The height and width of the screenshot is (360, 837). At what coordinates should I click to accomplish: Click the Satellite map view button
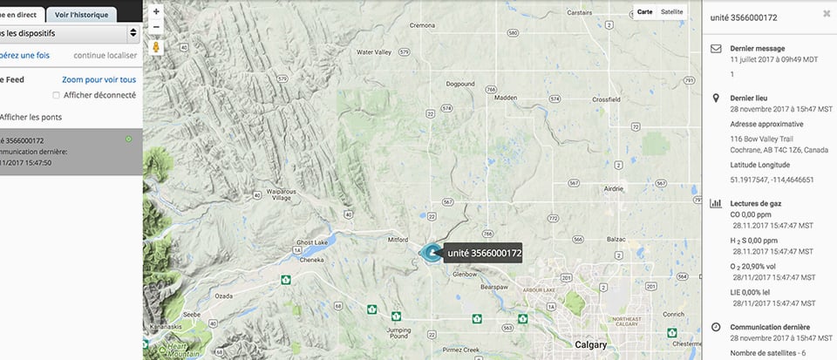point(672,12)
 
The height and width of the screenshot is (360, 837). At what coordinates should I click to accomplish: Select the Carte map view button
point(645,12)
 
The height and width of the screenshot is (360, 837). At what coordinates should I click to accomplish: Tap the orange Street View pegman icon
point(156,47)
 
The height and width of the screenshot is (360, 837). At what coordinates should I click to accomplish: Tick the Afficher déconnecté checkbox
point(57,95)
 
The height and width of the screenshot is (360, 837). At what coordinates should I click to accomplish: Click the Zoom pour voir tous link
point(99,79)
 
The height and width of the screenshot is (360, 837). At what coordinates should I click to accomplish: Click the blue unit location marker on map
point(432,253)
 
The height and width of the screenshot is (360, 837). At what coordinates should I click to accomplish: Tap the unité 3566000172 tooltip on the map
point(483,254)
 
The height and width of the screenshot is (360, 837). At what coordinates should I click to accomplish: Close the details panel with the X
point(827,15)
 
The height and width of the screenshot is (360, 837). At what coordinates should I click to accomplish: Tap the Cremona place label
point(422,26)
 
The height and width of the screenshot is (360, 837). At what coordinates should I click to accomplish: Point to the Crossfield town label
point(606,99)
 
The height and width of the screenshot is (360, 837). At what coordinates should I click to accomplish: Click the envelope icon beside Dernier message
point(716,49)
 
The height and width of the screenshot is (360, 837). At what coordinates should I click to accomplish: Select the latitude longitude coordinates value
point(772,180)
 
